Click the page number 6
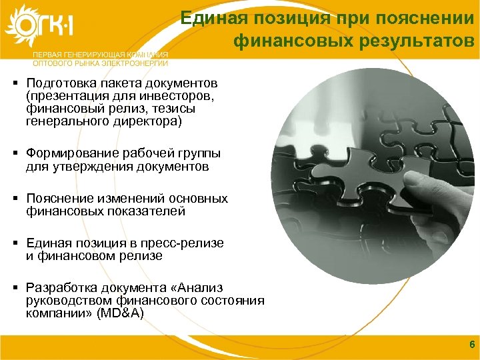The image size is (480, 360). (x=471, y=344)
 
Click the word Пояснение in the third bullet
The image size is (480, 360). (x=57, y=199)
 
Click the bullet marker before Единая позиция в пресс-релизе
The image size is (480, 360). (x=14, y=243)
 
